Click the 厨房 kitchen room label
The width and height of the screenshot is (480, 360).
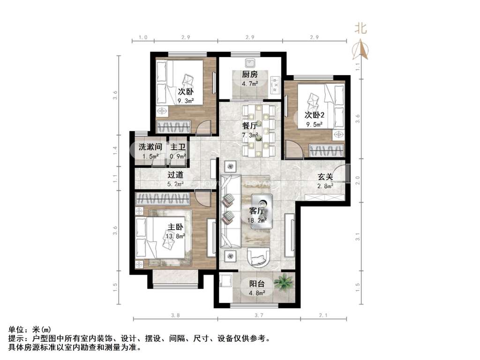[x=250, y=74]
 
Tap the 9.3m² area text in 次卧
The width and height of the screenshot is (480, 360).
[x=186, y=101]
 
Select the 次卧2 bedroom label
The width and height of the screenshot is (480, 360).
[x=315, y=115]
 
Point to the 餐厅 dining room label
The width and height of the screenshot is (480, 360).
[x=250, y=126]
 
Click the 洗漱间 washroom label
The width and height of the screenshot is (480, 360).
[x=150, y=147]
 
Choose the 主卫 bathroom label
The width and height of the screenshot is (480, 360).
[x=178, y=147]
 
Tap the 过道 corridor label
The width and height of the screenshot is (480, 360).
[x=175, y=175]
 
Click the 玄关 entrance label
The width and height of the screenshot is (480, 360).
[x=325, y=177]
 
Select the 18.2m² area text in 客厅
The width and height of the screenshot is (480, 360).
[x=257, y=220]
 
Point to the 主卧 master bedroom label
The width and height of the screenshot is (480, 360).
[x=175, y=227]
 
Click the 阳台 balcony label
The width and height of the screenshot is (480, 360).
[x=257, y=284]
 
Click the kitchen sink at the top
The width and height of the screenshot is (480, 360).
[x=250, y=63]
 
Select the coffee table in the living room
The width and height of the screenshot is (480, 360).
[x=262, y=211]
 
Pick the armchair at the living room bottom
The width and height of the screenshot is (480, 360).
[x=259, y=257]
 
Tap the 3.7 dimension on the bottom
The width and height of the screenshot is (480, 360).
[x=259, y=315]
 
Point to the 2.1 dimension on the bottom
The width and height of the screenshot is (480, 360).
[x=323, y=315]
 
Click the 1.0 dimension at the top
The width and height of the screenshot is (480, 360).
[x=143, y=37]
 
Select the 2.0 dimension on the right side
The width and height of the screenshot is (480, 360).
[x=358, y=180]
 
